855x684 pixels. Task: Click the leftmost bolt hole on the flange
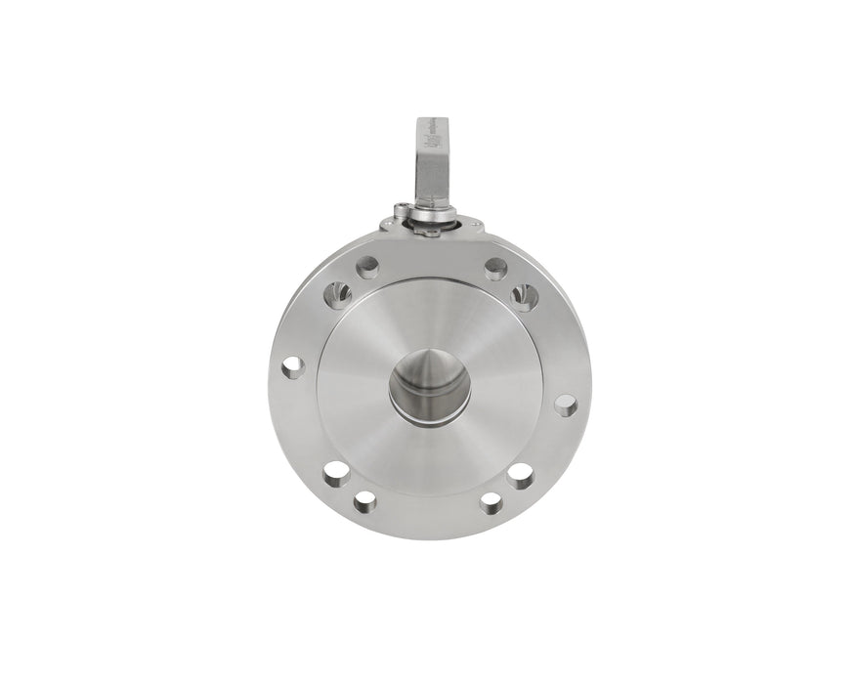coord(292,366)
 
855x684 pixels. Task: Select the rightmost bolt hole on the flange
coord(565,403)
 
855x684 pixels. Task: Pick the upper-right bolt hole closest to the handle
coord(495,266)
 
